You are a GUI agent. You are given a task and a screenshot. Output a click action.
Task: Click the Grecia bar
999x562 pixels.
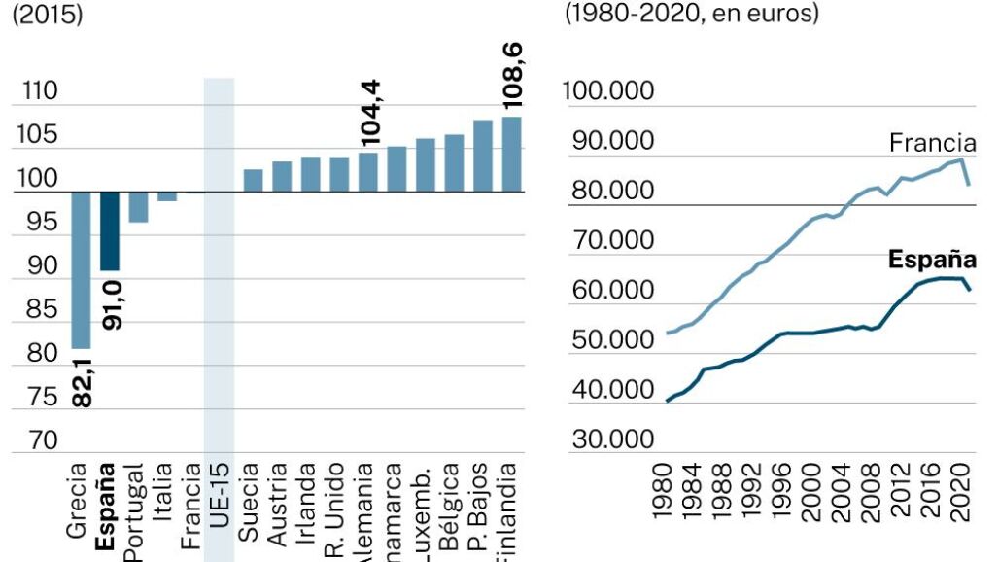(81, 269)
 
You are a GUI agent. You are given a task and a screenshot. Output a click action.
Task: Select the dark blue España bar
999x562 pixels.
(110, 230)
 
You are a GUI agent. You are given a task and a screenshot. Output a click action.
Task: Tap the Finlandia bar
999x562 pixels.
(511, 154)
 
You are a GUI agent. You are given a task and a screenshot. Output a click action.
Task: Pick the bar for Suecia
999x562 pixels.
(253, 180)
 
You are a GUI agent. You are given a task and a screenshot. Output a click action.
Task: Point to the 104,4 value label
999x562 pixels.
(369, 114)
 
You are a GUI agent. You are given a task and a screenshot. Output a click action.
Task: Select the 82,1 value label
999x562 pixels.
(82, 380)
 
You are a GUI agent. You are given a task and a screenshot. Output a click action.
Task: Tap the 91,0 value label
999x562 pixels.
(111, 304)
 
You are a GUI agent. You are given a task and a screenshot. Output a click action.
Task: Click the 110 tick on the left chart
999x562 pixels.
(36, 92)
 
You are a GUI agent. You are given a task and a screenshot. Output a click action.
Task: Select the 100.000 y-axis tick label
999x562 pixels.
(608, 92)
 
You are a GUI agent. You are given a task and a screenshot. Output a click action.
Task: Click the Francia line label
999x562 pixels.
(932, 144)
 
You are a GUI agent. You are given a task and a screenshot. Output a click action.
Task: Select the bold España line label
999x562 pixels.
(932, 260)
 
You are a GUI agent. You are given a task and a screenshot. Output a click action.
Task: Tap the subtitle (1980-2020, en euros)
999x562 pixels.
(692, 15)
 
